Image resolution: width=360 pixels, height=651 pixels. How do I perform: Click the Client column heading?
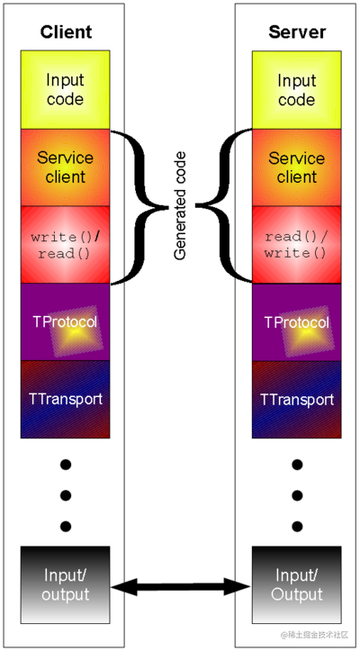66,32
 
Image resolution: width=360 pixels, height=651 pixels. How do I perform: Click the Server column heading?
296,32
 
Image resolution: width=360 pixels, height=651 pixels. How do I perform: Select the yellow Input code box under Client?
66,89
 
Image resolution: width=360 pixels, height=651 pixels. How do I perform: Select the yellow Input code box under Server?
296,89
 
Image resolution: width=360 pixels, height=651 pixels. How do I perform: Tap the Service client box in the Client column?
66,167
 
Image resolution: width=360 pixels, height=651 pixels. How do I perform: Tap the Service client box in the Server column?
296,167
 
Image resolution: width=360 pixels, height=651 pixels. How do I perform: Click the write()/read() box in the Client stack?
66,245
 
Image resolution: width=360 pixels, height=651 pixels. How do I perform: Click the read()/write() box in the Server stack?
296,245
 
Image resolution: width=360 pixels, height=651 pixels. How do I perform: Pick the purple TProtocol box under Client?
66,322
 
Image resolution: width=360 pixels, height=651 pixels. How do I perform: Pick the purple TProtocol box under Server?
296,322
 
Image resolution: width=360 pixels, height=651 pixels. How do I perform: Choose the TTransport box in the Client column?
66,399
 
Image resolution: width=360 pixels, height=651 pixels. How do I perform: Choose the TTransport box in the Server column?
296,399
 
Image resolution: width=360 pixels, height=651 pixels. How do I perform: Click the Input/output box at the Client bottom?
66,585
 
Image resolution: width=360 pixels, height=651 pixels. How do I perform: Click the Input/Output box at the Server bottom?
296,585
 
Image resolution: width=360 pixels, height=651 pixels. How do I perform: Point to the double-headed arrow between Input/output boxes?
181,587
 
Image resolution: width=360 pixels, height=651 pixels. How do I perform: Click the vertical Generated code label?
181,206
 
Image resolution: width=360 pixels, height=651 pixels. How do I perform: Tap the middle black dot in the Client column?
66,495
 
